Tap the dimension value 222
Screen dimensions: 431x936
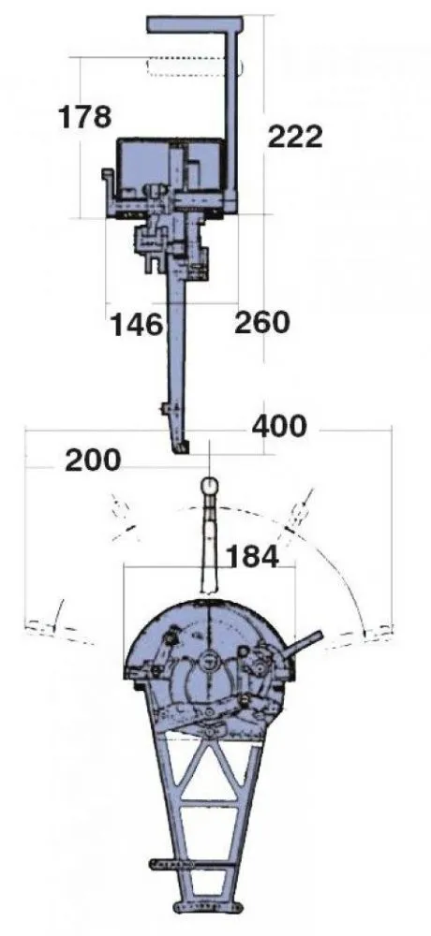pos(295,137)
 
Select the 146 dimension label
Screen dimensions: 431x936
pos(137,325)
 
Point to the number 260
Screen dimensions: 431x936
pos(261,323)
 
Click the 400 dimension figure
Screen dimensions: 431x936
pos(279,426)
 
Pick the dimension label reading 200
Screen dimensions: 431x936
pos(93,461)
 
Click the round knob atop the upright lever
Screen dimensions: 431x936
pos(210,484)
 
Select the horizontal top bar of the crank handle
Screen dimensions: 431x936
pos(195,24)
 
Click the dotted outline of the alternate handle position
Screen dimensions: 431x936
pos(193,67)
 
